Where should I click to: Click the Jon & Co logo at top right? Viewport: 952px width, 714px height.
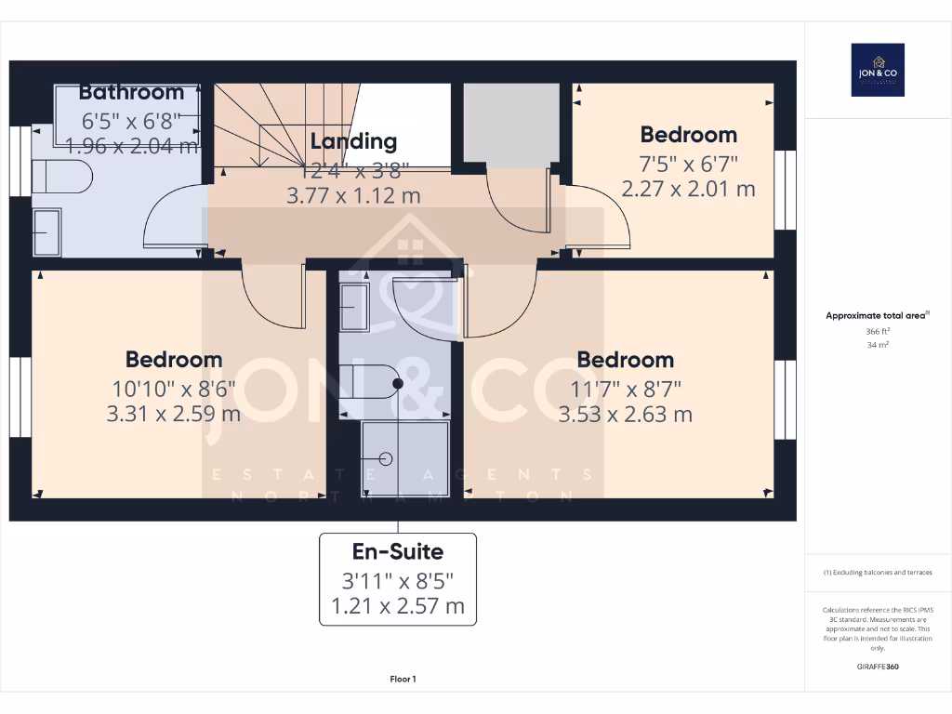878,70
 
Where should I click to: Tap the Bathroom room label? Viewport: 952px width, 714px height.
131,92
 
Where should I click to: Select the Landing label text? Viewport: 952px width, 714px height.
353,141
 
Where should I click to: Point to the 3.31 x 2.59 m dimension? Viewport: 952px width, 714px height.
174,414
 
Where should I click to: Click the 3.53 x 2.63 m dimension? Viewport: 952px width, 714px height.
625,414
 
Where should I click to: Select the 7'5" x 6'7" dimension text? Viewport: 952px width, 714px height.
688,164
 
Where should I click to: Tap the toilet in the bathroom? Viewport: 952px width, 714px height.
61,176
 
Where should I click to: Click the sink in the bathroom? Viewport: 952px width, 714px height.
46,231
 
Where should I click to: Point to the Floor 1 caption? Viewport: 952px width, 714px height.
403,680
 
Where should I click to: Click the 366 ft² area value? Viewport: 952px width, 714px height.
878,331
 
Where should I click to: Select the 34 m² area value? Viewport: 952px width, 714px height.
878,345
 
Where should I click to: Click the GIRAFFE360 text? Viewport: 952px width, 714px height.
878,667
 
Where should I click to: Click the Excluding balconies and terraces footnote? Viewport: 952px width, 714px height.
878,573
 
